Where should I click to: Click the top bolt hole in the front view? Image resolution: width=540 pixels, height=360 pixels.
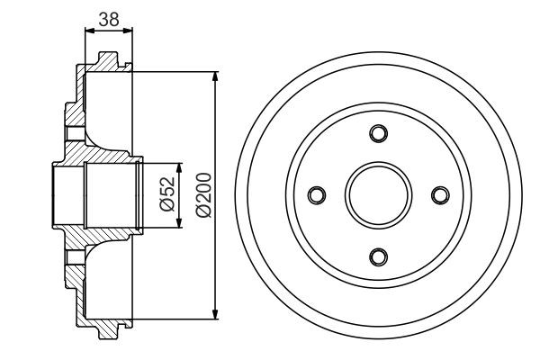(x=379, y=134)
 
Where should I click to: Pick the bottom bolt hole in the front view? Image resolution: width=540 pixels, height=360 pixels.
(x=379, y=256)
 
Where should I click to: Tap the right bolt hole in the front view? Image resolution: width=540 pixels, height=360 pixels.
(x=440, y=194)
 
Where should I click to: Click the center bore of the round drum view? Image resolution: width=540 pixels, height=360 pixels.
(x=379, y=194)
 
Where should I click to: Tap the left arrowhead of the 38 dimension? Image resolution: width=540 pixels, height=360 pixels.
(x=88, y=31)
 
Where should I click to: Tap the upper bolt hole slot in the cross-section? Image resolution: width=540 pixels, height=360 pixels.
(x=74, y=135)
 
